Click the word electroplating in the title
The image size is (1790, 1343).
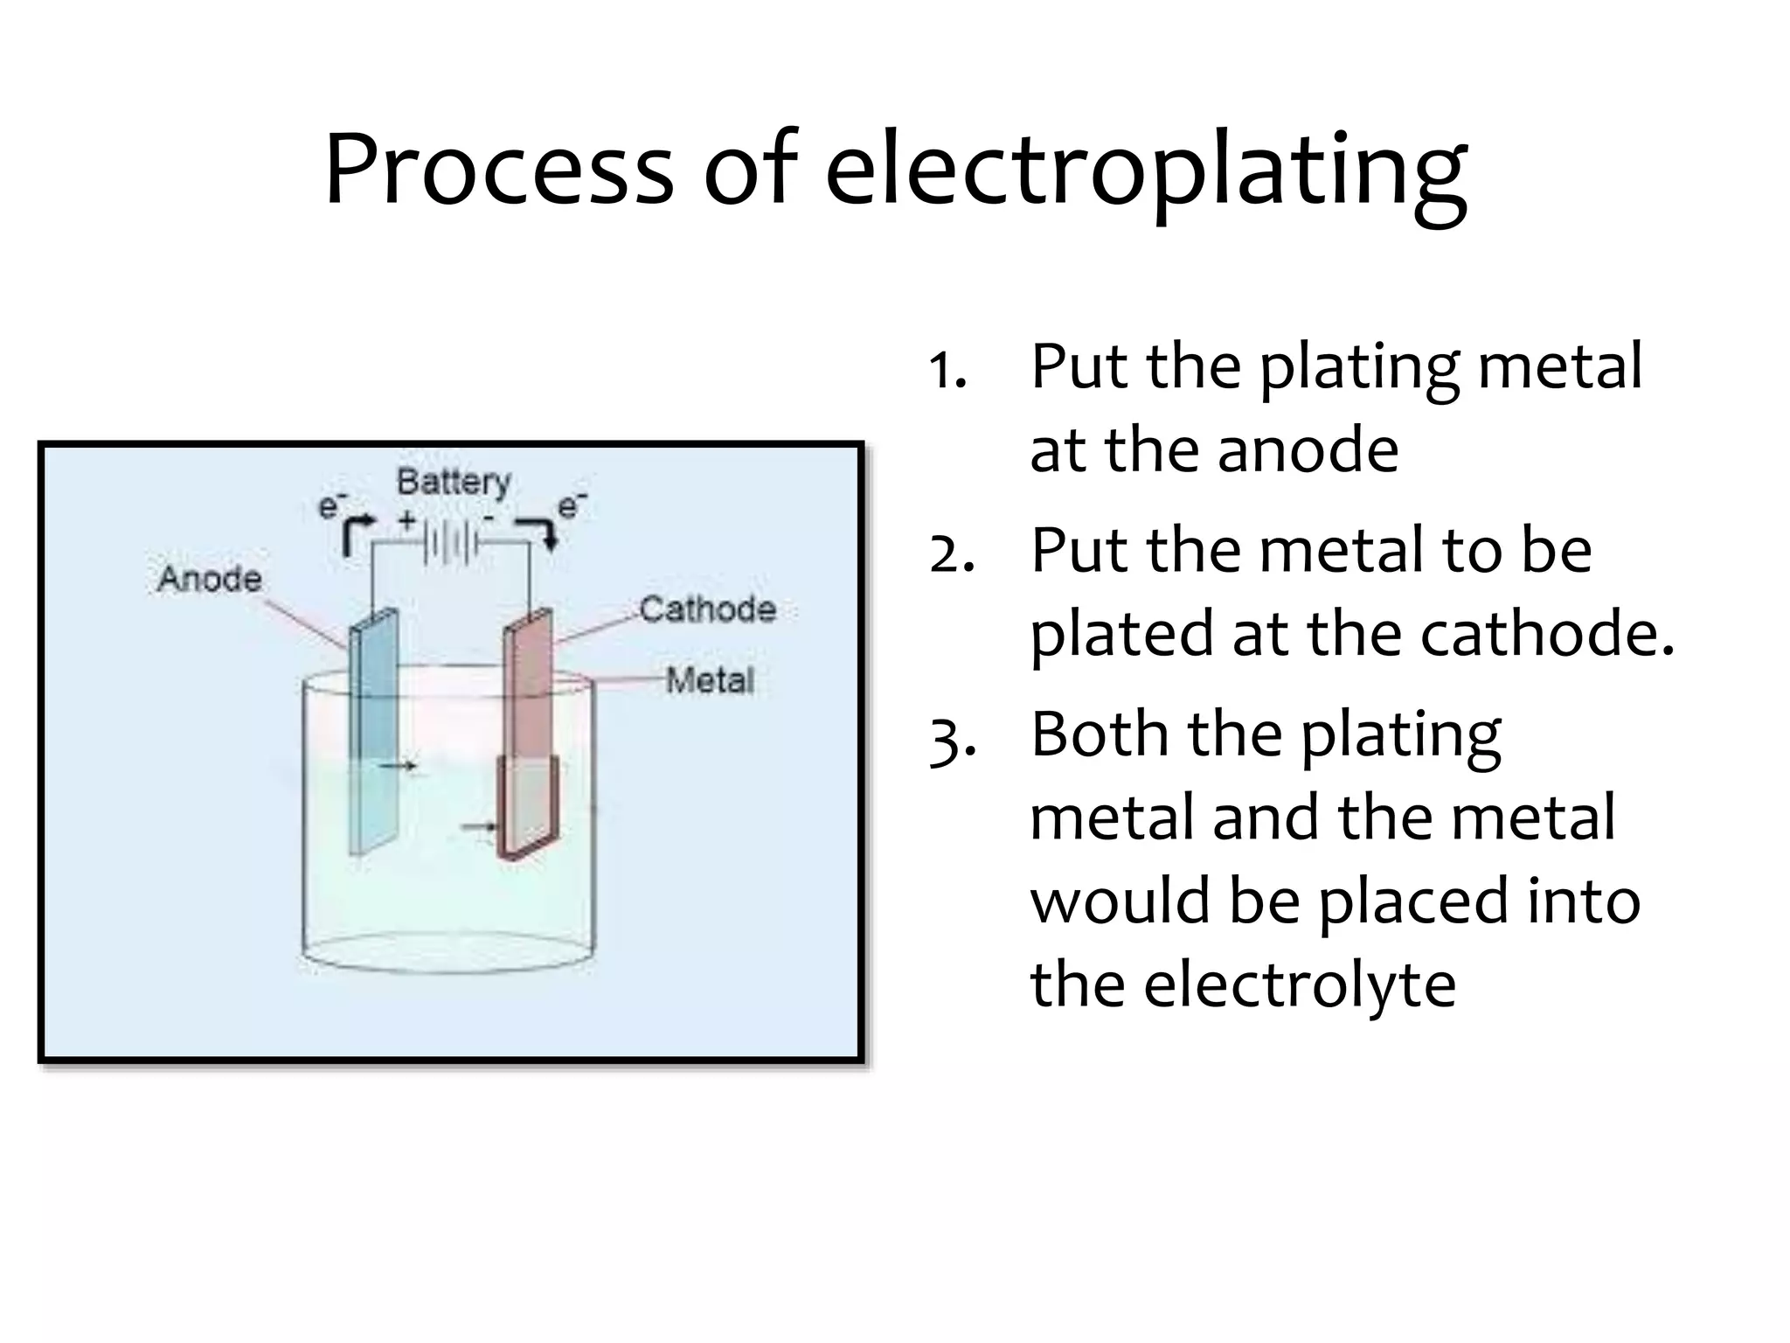tap(1146, 170)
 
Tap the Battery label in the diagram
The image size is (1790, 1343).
tap(454, 482)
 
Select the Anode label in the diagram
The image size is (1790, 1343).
tap(210, 579)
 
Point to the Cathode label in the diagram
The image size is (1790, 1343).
tap(707, 609)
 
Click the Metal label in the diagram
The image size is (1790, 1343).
tap(710, 680)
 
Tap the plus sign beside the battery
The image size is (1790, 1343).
tap(407, 521)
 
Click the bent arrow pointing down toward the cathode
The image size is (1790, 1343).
tap(538, 532)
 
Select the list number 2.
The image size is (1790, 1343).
tap(951, 553)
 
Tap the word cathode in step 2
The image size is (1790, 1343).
tap(1546, 633)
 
